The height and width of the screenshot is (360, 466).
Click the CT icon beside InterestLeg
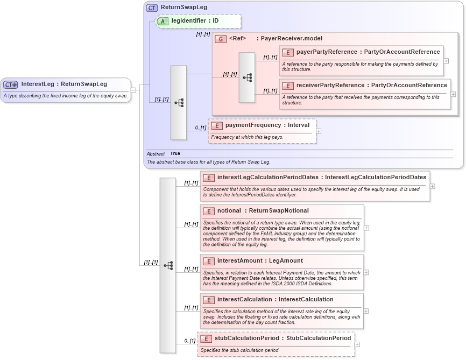[11, 84]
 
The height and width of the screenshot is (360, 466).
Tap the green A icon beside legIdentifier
[163, 21]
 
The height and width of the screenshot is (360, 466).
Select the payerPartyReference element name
[327, 52]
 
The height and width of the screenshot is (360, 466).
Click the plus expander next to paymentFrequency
[319, 131]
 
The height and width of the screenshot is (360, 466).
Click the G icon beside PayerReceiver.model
[220, 39]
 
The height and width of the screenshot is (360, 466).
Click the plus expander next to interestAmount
[366, 272]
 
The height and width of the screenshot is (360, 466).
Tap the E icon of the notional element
[208, 210]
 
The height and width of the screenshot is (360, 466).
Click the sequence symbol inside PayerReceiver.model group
[247, 77]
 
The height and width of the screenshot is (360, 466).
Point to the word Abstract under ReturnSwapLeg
[156, 154]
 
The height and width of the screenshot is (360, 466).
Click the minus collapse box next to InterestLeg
[133, 90]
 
